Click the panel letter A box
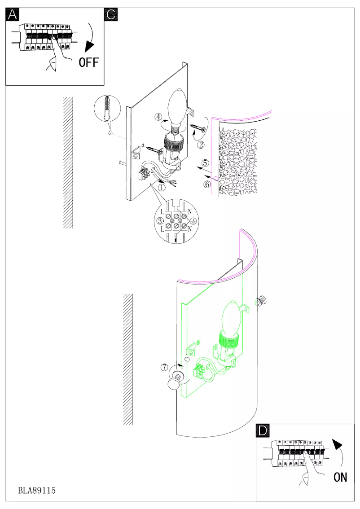(12, 14)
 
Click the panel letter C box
(110, 14)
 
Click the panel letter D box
(263, 430)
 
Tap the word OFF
(88, 62)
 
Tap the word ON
(340, 477)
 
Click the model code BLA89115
(37, 491)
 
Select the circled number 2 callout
(201, 145)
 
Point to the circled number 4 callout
(158, 117)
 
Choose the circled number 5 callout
(205, 162)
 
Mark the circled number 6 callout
(207, 184)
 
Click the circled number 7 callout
(165, 367)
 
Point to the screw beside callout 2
(197, 129)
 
